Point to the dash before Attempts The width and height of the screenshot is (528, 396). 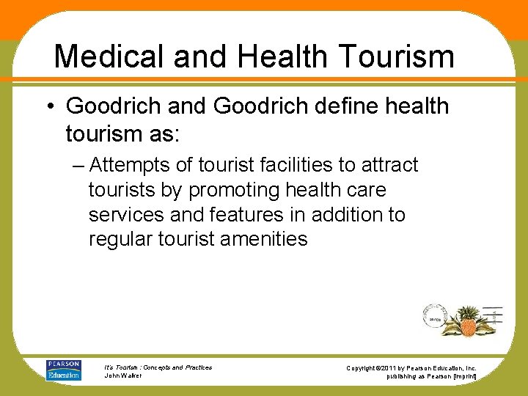[x=78, y=165]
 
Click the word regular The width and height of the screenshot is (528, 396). [x=120, y=239]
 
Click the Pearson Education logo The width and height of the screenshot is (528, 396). [x=63, y=370]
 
